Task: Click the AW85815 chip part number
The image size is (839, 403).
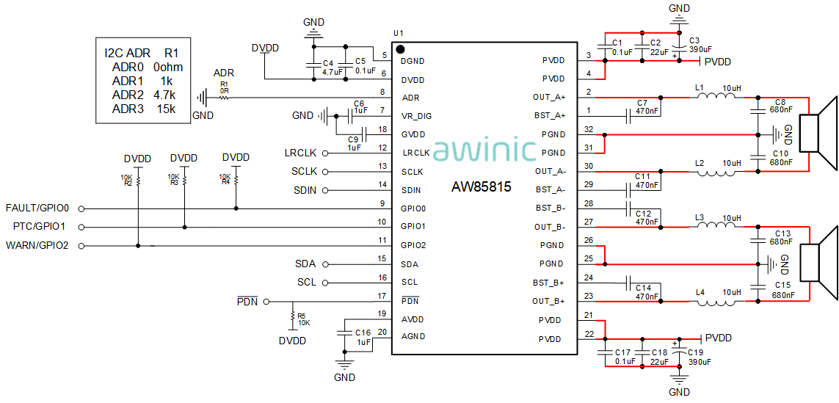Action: pyautogui.click(x=481, y=187)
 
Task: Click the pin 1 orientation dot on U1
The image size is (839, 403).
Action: pyautogui.click(x=401, y=49)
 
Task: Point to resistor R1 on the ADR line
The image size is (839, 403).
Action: pyautogui.click(x=224, y=98)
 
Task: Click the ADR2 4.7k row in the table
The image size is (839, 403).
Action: pyautogui.click(x=144, y=95)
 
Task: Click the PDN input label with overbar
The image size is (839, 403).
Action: pyautogui.click(x=247, y=302)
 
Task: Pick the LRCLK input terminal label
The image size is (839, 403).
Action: pyautogui.click(x=300, y=153)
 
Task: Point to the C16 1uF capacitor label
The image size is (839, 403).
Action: pyautogui.click(x=363, y=337)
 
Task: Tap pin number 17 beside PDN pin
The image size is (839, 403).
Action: pyautogui.click(x=382, y=297)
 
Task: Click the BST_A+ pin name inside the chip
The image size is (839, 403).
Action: pyautogui.click(x=549, y=116)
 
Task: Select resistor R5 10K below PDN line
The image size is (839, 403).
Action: pyautogui.click(x=294, y=318)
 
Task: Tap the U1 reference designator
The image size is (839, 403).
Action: pyautogui.click(x=399, y=34)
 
